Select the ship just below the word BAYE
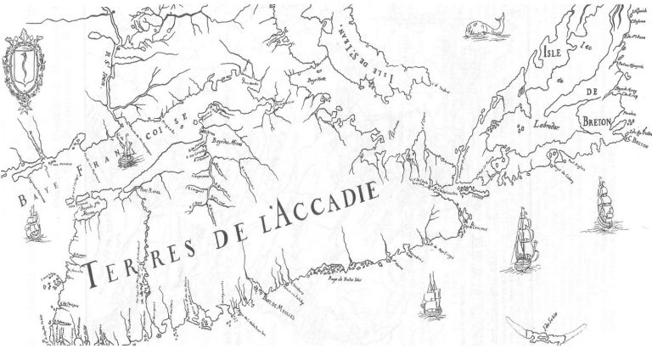pos(32,222)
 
